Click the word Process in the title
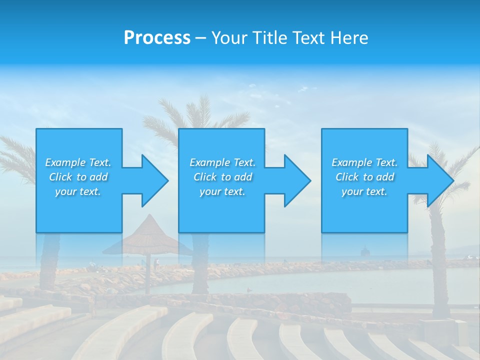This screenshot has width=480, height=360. click(157, 38)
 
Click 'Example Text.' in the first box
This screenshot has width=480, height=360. click(78, 162)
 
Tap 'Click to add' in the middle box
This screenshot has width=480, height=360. click(222, 177)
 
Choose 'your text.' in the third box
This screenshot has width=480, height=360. click(364, 191)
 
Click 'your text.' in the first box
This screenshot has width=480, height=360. click(78, 191)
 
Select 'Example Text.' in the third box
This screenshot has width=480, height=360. click(364, 162)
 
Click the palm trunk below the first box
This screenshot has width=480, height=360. click(50, 260)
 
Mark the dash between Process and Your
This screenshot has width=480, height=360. click(201, 38)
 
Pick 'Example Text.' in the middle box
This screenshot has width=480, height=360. click(222, 162)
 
